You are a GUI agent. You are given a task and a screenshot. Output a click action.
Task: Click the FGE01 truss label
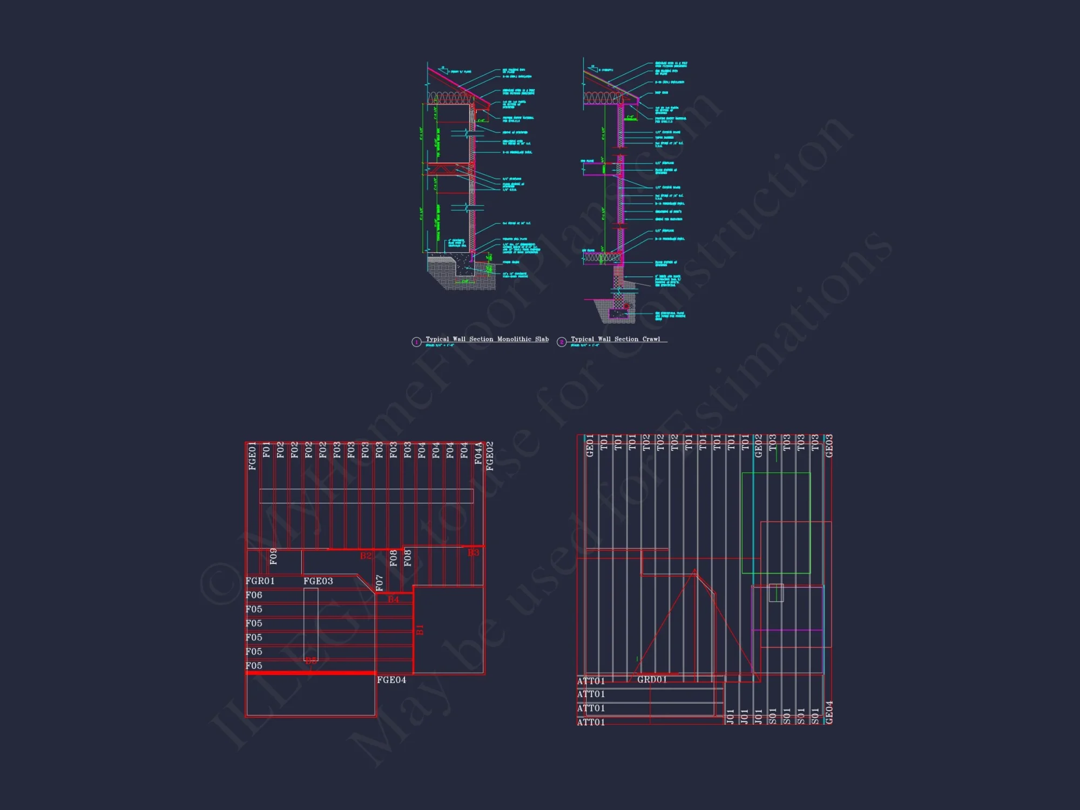coord(252,456)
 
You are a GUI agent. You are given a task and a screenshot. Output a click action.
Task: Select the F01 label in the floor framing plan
coord(266,450)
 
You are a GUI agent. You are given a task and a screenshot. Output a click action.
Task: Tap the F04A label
coord(478,454)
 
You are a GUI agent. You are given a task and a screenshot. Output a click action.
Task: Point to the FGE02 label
coord(490,456)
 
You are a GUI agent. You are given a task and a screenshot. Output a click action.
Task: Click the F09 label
coord(273,557)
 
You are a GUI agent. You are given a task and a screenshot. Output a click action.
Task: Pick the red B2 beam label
coord(366,556)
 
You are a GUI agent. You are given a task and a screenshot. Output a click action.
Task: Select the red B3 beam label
coord(473,552)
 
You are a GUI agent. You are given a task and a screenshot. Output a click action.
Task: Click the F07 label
coord(380,583)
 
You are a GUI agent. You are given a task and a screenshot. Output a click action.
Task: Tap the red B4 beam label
coord(393,599)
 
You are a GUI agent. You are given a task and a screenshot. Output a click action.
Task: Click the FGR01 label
coord(260,581)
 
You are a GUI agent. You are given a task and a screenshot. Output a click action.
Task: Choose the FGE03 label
coord(318,581)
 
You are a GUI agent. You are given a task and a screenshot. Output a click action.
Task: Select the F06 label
coord(254,595)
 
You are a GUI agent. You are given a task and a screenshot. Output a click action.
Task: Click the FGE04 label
coord(391,680)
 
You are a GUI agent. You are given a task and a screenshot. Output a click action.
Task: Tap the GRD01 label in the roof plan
coord(652,679)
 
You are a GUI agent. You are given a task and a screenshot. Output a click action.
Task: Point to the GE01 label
coord(590,446)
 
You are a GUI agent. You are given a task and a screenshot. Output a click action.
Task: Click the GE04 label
coord(829,712)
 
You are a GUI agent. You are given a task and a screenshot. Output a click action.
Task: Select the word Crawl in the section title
coord(651,339)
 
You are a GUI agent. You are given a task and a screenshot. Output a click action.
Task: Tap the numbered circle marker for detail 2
coord(562,342)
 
